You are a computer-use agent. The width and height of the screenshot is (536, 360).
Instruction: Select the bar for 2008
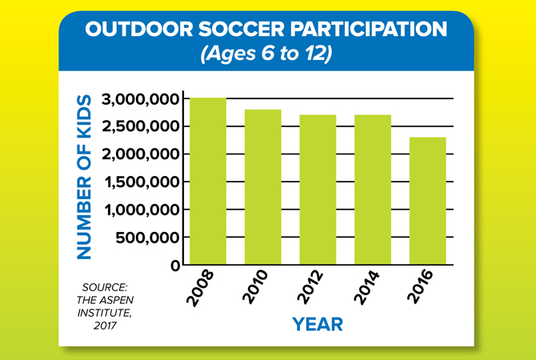[208, 181]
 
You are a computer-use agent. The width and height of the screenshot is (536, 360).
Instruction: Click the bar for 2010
[263, 187]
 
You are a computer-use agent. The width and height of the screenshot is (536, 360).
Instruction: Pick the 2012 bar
[318, 190]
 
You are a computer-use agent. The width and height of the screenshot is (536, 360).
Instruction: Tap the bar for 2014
[373, 190]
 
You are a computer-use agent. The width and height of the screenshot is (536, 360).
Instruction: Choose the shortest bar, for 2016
[428, 201]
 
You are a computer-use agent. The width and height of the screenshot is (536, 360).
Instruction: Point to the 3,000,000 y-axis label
[141, 99]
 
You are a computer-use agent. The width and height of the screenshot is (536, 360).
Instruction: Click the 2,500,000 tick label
[141, 127]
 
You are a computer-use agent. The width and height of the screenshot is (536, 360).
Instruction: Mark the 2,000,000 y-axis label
[141, 154]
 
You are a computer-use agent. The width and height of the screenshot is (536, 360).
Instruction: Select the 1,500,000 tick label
[142, 182]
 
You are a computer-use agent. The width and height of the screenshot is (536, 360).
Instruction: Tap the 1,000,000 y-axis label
[142, 210]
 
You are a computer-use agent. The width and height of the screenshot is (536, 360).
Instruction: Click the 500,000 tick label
[148, 238]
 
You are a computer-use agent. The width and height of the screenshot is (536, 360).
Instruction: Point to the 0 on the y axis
[175, 266]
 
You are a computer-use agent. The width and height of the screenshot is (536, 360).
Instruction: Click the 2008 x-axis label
[200, 288]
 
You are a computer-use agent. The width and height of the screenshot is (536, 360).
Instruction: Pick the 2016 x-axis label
[420, 287]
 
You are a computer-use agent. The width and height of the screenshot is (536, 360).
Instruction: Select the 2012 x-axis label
[310, 287]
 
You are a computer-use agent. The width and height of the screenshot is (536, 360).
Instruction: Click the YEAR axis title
[318, 324]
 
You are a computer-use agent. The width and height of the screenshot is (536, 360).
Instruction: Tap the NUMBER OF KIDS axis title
[84, 177]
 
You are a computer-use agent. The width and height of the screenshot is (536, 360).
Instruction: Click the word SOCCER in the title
[241, 30]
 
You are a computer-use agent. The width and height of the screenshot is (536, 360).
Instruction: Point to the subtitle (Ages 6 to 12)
[266, 54]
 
